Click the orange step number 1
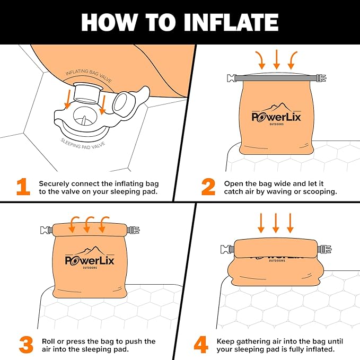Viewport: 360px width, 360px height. tap(23, 187)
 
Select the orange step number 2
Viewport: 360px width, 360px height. tap(208, 187)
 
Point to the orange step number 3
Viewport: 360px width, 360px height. tap(25, 345)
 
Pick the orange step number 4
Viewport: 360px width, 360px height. tap(200, 345)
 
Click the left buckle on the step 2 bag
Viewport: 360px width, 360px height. tap(231, 78)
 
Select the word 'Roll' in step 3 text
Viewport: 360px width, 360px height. tap(47, 341)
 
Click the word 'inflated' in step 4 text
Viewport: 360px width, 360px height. tap(319, 349)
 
